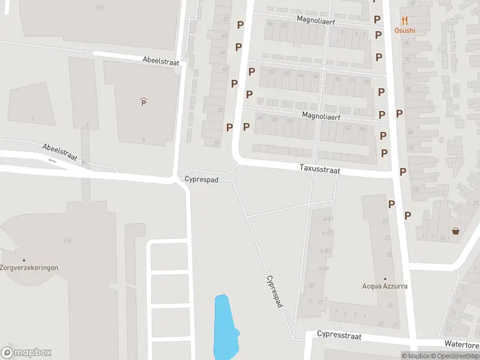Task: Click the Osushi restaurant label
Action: click(x=404, y=31)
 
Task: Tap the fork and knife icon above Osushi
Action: click(x=404, y=20)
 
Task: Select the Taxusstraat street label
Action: click(x=320, y=170)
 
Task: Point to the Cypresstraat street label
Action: click(x=339, y=334)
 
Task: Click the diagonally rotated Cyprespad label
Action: click(x=274, y=292)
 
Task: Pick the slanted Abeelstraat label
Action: click(x=60, y=152)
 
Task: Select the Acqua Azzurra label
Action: click(x=385, y=286)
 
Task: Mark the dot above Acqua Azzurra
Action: click(x=385, y=278)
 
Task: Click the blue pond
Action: click(x=225, y=327)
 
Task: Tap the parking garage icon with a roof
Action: click(x=143, y=102)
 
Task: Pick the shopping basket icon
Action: click(x=455, y=230)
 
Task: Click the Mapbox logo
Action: click(x=26, y=353)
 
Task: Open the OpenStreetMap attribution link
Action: click(x=457, y=356)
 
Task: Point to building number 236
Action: click(x=67, y=240)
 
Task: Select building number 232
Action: click(x=100, y=8)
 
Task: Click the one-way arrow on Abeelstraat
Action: click(x=52, y=160)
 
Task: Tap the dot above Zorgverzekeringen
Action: click(x=23, y=260)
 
